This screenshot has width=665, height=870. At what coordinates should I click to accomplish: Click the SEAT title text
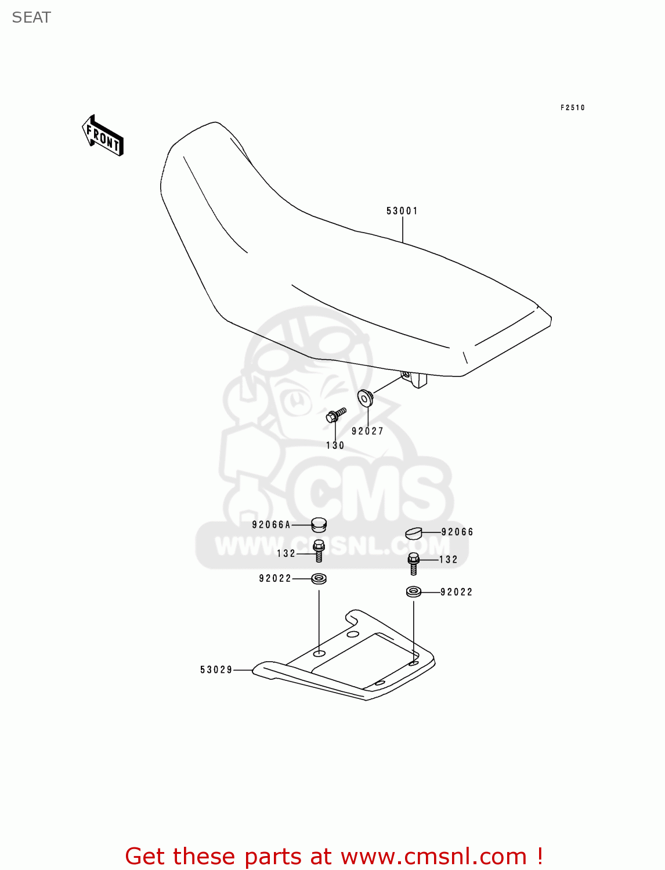coord(31,17)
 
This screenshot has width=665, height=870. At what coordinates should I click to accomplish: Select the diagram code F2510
coord(572,107)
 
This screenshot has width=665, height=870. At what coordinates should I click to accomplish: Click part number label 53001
coord(402,211)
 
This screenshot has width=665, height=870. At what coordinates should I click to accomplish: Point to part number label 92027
coord(367,431)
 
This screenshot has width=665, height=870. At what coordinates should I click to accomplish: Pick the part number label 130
coord(335,445)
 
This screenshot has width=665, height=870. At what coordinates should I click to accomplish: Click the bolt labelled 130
coord(335,415)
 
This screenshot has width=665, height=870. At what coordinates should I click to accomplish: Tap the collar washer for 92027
coord(365,398)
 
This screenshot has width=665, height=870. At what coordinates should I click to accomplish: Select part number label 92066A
coord(271,525)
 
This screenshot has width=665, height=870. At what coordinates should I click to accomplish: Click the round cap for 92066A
coord(319,525)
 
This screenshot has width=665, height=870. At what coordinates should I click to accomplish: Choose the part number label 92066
coord(457,532)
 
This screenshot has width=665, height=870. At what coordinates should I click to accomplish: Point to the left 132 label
coord(286,554)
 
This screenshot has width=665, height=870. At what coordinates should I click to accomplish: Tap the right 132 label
coord(449,560)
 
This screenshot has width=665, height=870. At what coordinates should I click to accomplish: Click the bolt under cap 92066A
coord(319,550)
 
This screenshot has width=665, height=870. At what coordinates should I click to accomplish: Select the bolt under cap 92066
coord(413,563)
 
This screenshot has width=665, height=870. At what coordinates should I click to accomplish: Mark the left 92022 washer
coord(319,578)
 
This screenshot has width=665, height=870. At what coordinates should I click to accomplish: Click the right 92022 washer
coord(413,592)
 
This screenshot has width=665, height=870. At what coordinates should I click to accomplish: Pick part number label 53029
coord(216,670)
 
